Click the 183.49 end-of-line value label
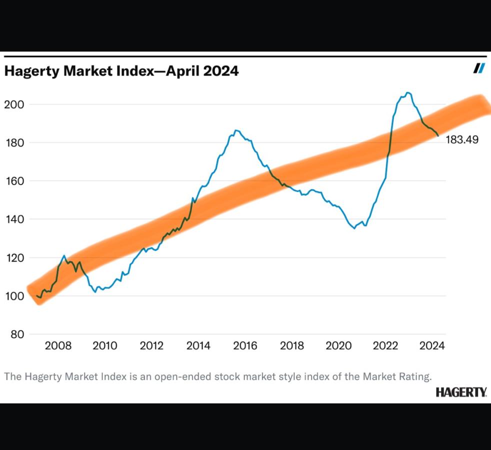(x=461, y=139)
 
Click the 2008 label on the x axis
(x=58, y=345)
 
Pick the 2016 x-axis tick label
(x=245, y=345)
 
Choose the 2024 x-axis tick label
(x=432, y=345)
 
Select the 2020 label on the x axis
(x=338, y=345)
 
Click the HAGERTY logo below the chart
(x=461, y=392)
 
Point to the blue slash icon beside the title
(x=479, y=68)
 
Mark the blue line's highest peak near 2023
(x=408, y=92)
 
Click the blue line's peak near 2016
(x=236, y=130)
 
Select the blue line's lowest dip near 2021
(x=354, y=228)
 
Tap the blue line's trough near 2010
(x=95, y=292)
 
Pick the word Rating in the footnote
(x=414, y=376)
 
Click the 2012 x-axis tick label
(x=151, y=345)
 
